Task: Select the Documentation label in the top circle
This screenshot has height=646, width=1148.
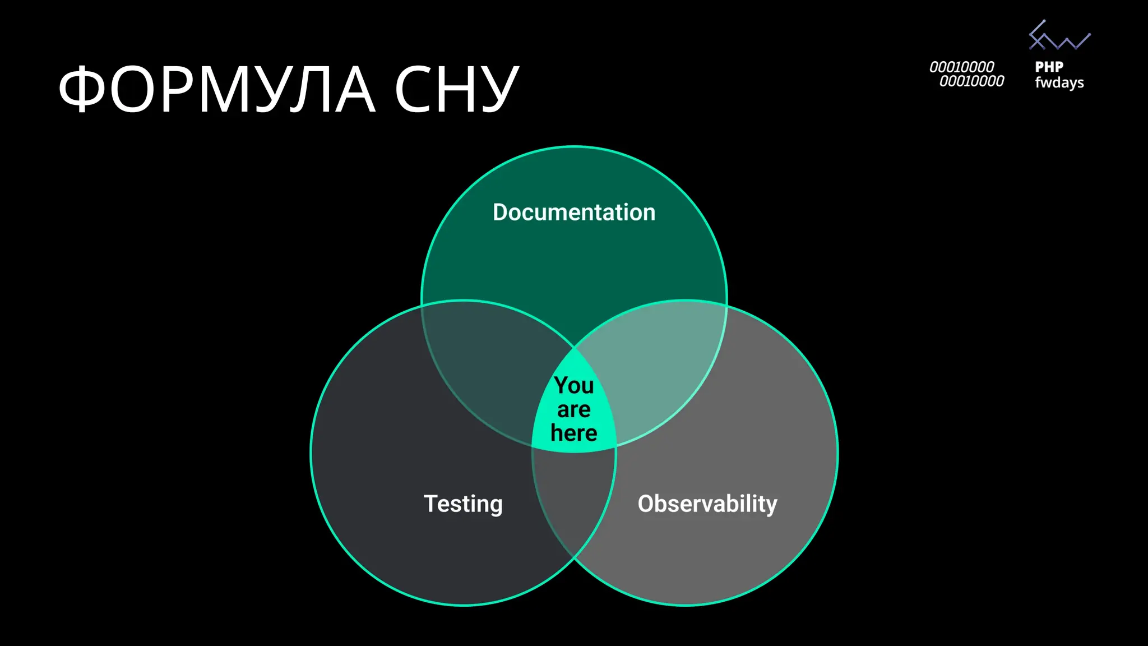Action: pyautogui.click(x=574, y=213)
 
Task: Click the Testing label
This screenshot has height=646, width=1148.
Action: pyautogui.click(x=463, y=504)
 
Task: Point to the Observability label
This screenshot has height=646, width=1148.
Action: pyautogui.click(x=707, y=504)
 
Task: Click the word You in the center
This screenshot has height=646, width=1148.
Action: pyautogui.click(x=574, y=385)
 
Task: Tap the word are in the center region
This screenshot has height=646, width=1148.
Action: pyautogui.click(x=574, y=410)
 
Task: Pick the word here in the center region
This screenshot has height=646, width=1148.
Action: pyautogui.click(x=574, y=433)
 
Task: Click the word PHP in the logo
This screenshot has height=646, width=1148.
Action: pyautogui.click(x=1049, y=67)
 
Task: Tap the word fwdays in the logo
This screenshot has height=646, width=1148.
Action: pyautogui.click(x=1059, y=82)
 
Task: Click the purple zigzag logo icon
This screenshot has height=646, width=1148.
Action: pyautogui.click(x=1059, y=36)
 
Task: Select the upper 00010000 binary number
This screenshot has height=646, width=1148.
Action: pyautogui.click(x=961, y=67)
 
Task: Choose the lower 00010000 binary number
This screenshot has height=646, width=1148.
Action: pyautogui.click(x=971, y=82)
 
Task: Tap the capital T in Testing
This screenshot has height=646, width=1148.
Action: pyautogui.click(x=430, y=503)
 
